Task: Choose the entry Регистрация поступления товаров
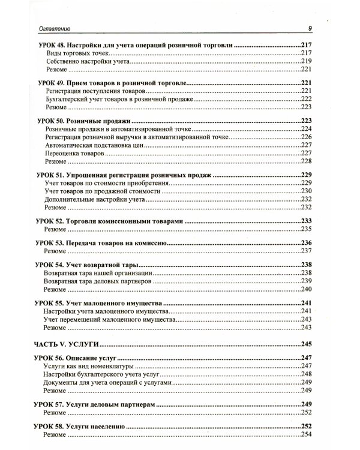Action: point(90,90)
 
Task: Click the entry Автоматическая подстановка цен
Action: point(88,145)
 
